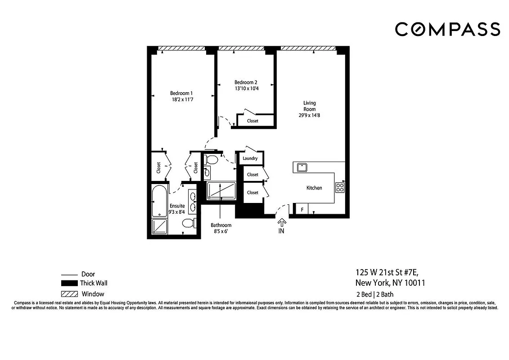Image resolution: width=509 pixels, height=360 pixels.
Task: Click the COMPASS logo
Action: pos(447,29)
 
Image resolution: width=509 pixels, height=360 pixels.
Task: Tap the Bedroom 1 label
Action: pos(182,93)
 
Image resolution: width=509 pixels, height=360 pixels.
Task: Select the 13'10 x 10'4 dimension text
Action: pos(246,89)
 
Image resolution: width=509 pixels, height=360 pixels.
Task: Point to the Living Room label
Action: pos(309,106)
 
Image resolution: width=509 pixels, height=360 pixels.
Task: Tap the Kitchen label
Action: pos(314,188)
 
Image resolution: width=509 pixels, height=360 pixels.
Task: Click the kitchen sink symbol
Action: pos(301,167)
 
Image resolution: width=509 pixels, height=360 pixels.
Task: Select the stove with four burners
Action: pos(340,187)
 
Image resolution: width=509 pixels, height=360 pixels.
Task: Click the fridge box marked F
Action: pos(302,209)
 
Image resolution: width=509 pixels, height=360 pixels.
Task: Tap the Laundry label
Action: pos(250,158)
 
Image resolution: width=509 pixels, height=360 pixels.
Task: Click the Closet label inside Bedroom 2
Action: pos(252,121)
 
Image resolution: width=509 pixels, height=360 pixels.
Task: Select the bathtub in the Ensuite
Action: pos(159,201)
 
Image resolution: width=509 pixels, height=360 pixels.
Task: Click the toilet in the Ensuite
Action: pos(189,223)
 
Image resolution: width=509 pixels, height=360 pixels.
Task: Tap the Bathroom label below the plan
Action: pos(221,225)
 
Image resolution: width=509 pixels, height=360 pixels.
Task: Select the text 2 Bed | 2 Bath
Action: pos(374,295)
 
